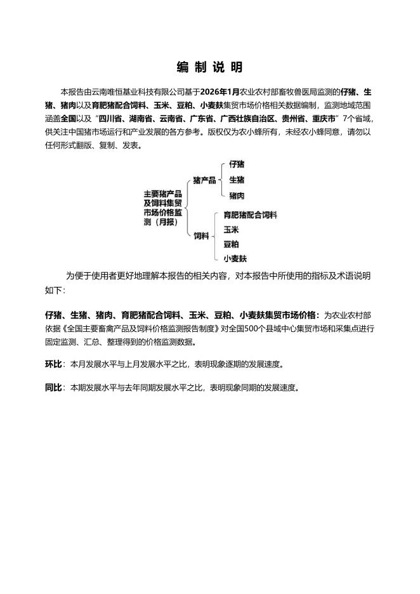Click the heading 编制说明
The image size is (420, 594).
click(209, 67)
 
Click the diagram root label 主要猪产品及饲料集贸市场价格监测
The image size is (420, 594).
click(163, 208)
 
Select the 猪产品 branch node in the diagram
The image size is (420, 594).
click(204, 180)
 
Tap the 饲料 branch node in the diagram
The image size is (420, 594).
click(201, 236)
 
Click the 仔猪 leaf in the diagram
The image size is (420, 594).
click(237, 164)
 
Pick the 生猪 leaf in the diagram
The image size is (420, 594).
click(237, 180)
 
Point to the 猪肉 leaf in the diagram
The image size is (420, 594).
click(237, 196)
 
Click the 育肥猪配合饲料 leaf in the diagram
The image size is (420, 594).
click(250, 215)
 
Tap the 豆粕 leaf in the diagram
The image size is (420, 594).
click(231, 244)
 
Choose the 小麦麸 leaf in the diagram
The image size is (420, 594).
click(235, 258)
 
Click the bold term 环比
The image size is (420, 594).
click(53, 364)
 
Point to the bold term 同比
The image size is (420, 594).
click(53, 387)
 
